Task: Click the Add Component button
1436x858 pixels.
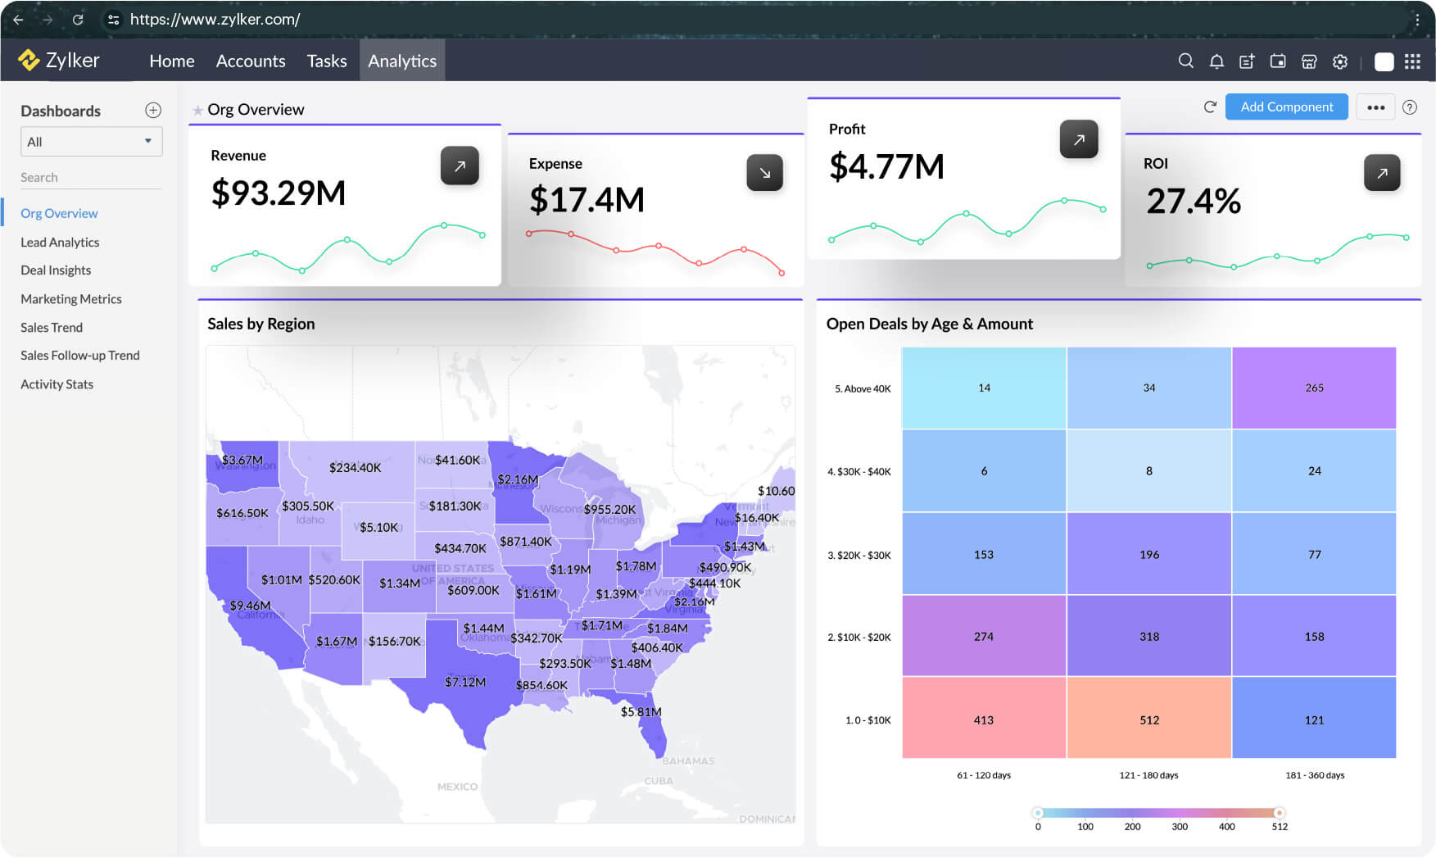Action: pos(1286,107)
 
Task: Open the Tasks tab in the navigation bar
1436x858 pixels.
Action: pos(327,61)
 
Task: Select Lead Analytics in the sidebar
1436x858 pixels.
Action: pos(60,243)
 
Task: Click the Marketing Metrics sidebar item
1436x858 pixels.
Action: pos(71,299)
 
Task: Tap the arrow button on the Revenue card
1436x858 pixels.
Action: pos(460,166)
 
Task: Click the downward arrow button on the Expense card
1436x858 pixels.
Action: pos(764,173)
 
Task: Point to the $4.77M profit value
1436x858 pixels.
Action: pos(886,167)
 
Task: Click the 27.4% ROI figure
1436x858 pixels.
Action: pos(1193,202)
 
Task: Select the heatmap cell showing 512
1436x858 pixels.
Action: pos(1148,719)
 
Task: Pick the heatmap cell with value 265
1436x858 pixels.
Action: pos(1314,388)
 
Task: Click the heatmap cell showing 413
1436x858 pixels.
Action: pos(983,719)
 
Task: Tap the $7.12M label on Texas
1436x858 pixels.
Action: pos(465,682)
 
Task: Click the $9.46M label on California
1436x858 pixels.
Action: pos(250,606)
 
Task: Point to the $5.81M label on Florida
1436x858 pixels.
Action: pos(641,712)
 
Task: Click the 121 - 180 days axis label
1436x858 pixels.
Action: pos(1148,775)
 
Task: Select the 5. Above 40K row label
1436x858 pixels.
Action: pos(863,389)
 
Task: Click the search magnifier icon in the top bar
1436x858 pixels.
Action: pos(1185,61)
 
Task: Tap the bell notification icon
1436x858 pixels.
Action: pos(1216,61)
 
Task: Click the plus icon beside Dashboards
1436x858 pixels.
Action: pos(153,111)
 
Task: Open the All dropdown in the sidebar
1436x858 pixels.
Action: pos(91,142)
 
